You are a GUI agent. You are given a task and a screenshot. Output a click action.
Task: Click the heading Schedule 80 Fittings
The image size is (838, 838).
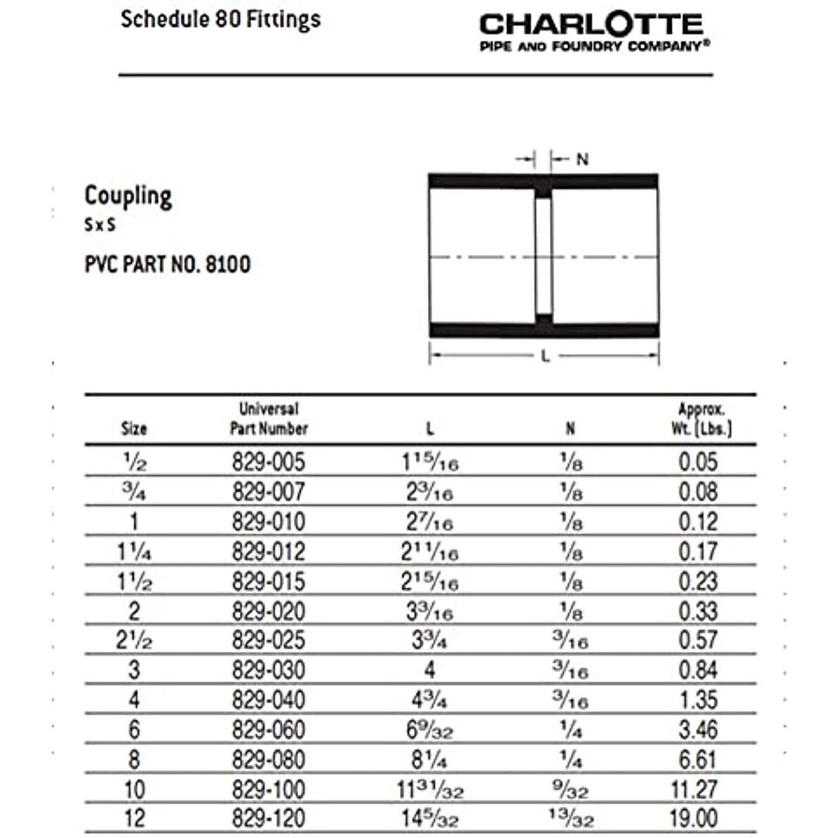pos(220,19)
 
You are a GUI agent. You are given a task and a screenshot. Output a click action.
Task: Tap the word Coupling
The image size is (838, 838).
pos(128,196)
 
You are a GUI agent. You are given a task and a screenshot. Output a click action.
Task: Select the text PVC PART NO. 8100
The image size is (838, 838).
pos(167,264)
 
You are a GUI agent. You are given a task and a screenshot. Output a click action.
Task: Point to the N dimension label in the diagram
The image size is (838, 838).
pos(582,160)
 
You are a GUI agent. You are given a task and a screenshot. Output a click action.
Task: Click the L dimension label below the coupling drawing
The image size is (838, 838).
pos(546,356)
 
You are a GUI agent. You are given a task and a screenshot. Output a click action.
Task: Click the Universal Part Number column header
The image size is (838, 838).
pos(269,418)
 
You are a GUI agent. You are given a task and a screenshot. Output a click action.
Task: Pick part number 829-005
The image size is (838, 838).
pos(269,462)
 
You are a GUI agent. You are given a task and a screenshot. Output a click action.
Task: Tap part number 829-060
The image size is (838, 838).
pos(269,729)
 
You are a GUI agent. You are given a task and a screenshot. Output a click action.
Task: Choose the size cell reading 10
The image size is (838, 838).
pos(135,788)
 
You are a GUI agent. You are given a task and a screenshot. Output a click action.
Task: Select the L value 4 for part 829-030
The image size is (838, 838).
pos(429,670)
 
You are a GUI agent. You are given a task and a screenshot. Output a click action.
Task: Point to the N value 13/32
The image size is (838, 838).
pos(570,818)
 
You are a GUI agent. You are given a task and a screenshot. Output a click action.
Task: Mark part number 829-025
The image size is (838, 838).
pos(269,640)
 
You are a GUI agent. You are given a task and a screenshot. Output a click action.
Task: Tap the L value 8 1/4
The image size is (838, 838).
pos(429,759)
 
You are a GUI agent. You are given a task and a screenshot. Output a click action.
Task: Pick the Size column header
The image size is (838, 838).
pos(134,428)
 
